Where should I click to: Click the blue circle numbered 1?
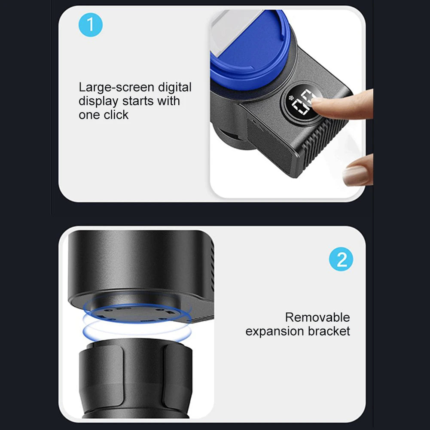pyautogui.click(x=91, y=24)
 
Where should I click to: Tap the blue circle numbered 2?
pyautogui.click(x=341, y=259)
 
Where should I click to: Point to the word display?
pyautogui.click(x=98, y=101)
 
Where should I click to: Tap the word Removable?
pyautogui.click(x=317, y=317)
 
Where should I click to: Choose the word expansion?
pyautogui.click(x=275, y=332)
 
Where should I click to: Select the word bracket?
pyautogui.click(x=329, y=331)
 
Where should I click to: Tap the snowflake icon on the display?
pyautogui.click(x=291, y=98)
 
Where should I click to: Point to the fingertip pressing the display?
pyautogui.click(x=318, y=101)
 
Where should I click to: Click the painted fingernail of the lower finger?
pyautogui.click(x=355, y=176)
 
